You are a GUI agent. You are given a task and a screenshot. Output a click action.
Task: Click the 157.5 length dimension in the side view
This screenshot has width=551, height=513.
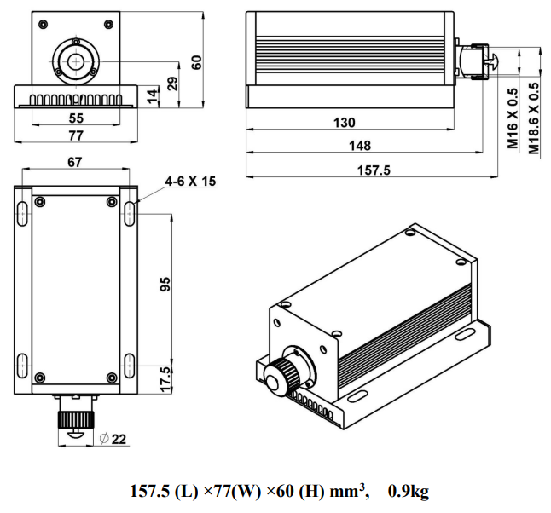coord(374,170)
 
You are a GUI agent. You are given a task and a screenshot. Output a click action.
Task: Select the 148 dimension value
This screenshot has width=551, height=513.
coord(360,146)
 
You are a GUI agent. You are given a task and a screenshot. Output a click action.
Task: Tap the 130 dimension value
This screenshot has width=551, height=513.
coord(345,123)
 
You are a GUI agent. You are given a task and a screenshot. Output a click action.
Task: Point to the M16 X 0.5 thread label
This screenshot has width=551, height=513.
coord(513,118)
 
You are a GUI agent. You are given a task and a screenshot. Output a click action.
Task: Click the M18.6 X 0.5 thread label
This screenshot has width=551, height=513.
coord(534,118)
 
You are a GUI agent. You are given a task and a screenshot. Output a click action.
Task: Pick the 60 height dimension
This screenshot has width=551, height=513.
coord(196,62)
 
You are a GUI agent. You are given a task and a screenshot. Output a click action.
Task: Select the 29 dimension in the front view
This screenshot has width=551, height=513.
coord(172,84)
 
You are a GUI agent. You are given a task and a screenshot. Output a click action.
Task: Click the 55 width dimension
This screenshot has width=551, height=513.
coord(76,118)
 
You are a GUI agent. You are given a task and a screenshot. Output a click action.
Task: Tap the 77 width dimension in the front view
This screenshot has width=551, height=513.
coord(76,135)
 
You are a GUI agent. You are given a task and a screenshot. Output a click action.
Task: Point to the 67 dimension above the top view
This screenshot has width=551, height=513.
coord(74,162)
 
